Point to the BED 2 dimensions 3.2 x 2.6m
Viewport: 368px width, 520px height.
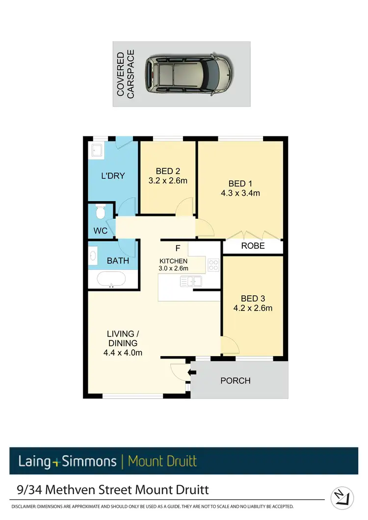click(x=168, y=181)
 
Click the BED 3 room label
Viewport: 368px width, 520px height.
click(x=253, y=299)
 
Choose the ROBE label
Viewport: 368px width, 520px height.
click(x=253, y=246)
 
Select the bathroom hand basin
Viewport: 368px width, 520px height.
click(x=93, y=256)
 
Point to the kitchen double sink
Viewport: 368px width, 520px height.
click(x=191, y=281)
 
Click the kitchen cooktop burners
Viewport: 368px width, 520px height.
click(x=213, y=265)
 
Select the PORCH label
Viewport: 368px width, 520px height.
click(x=235, y=381)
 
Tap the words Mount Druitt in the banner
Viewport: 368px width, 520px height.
click(x=162, y=461)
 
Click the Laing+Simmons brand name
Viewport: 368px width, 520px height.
click(x=67, y=461)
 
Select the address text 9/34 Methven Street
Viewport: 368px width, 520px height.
click(x=78, y=490)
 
